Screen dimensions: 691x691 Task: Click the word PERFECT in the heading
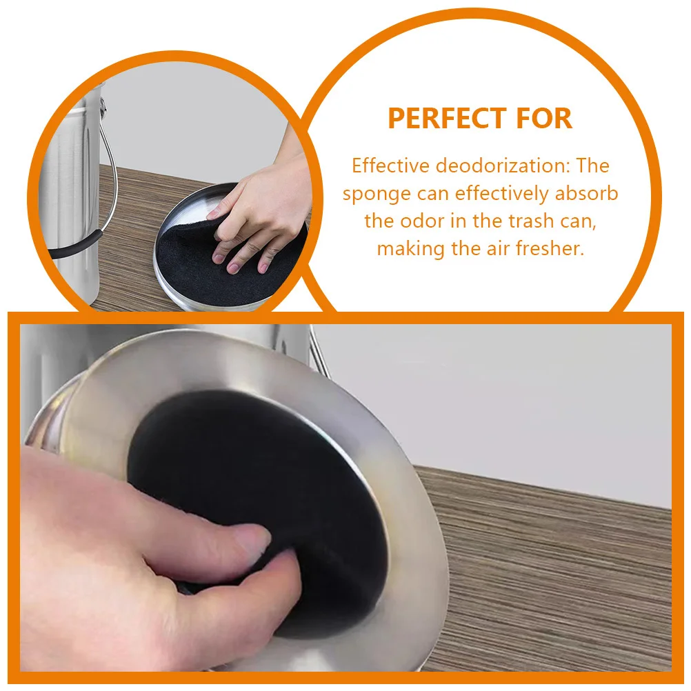438,119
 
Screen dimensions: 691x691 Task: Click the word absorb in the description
586,194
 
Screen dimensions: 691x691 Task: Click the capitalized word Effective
391,166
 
